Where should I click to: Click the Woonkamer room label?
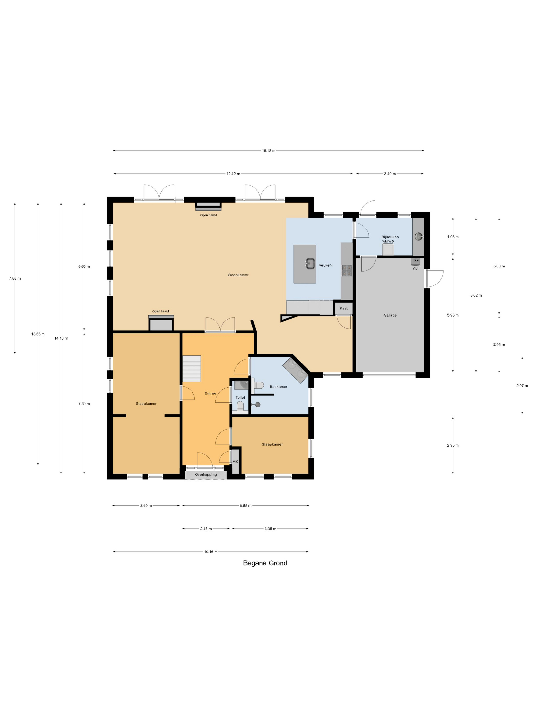pos(238,275)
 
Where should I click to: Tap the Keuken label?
pos(325,265)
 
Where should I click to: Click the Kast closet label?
pos(343,308)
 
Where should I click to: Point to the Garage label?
pos(390,315)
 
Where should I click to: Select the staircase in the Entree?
pos(192,368)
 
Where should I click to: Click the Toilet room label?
pos(240,397)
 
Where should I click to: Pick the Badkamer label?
pos(278,386)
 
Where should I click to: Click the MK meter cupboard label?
pos(235,461)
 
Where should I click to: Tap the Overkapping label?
pos(206,475)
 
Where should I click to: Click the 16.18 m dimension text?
pos(268,151)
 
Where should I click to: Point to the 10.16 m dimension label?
pos(211,552)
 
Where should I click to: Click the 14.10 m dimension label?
pos(61,338)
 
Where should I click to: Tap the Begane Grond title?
pos(265,563)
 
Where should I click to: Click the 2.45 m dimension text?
pos(206,529)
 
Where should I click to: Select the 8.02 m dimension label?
pos(476,295)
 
